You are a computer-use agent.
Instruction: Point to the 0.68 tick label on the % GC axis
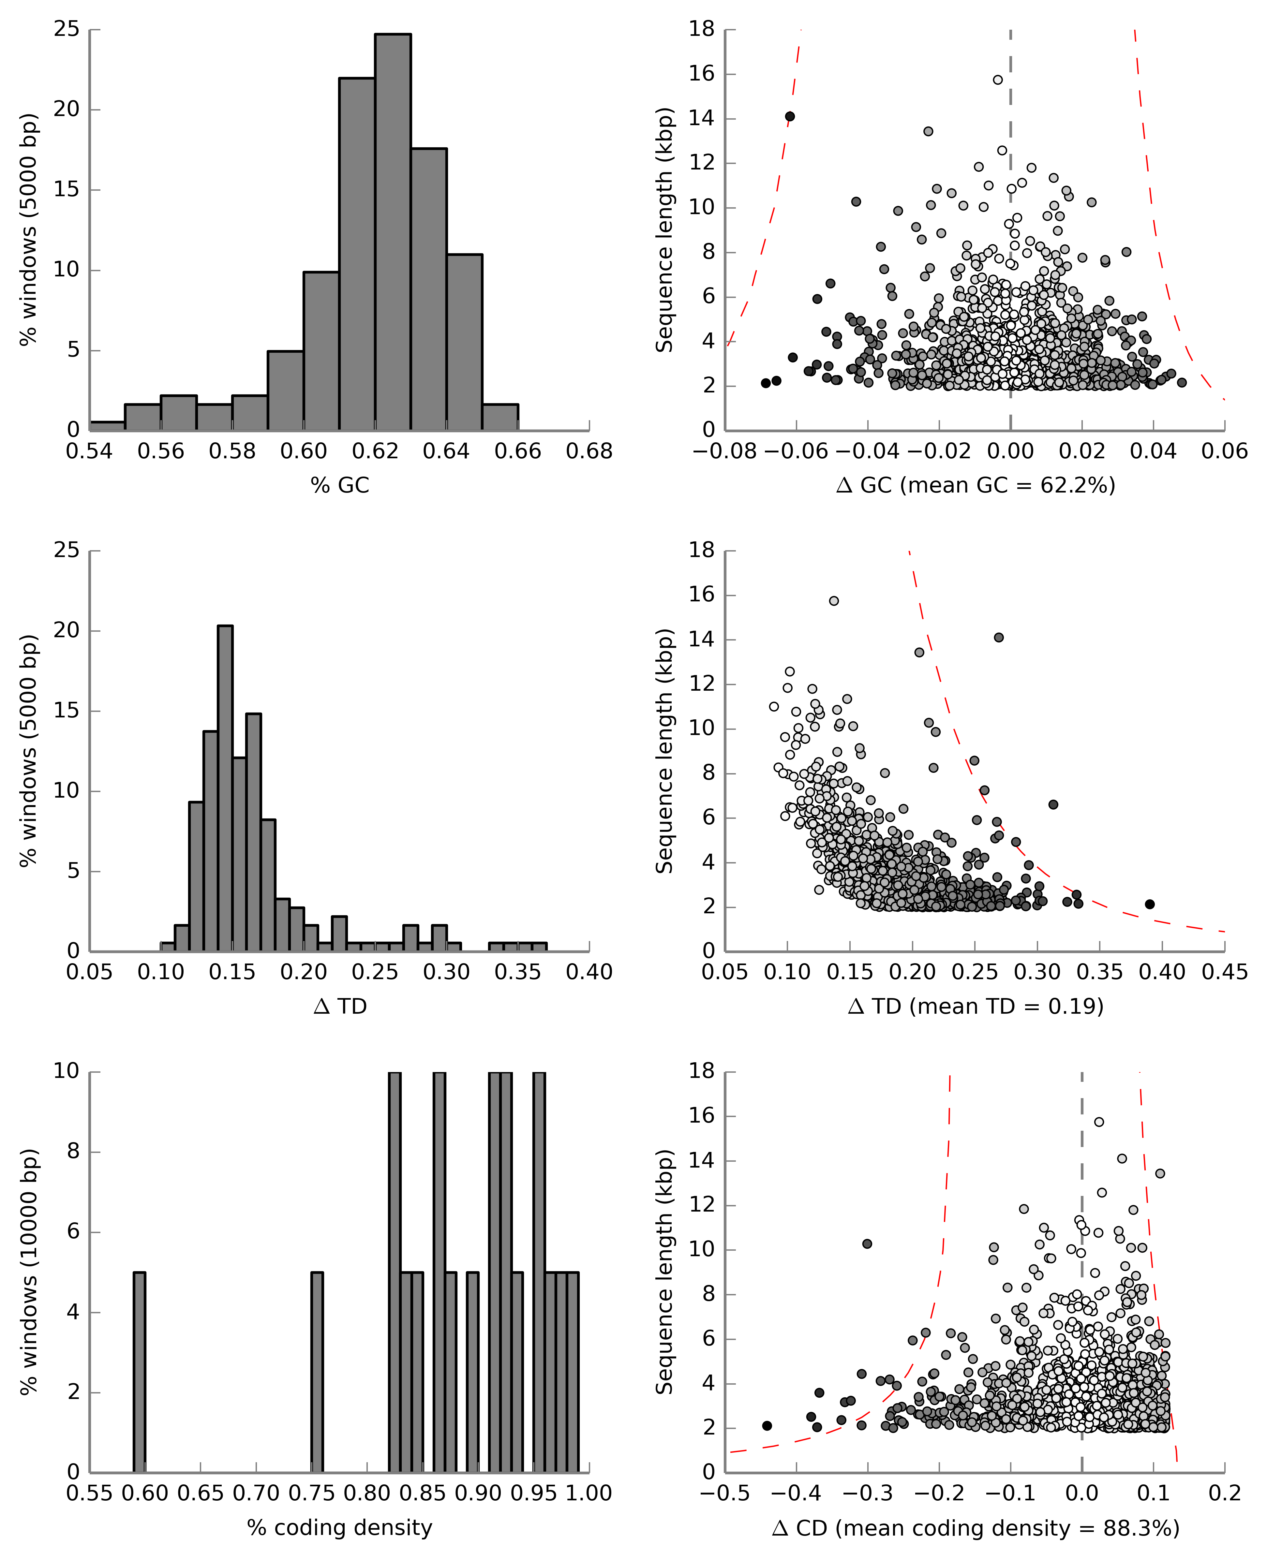click(x=589, y=452)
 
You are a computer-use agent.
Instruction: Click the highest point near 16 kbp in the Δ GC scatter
click(x=998, y=80)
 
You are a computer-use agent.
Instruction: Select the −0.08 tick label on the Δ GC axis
click(x=725, y=452)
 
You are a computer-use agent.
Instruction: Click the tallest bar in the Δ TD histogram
click(x=226, y=788)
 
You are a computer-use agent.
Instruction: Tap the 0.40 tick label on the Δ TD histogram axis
click(x=589, y=973)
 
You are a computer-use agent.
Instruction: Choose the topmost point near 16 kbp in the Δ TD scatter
click(x=833, y=600)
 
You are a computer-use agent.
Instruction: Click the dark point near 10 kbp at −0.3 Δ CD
click(x=867, y=1243)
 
